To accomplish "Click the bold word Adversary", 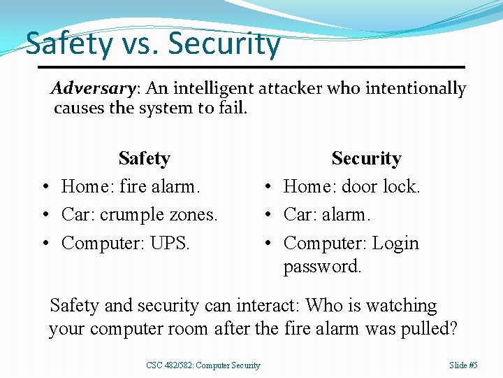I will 93,89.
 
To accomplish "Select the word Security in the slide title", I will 224,44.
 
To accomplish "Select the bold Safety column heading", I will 144,158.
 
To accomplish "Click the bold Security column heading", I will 366,158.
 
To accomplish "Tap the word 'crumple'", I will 132,215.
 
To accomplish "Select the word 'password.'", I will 322,267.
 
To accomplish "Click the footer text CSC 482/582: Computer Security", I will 203,365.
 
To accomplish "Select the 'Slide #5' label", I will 463,365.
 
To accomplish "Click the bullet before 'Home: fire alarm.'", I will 44,187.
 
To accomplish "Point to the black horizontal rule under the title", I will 251,67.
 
